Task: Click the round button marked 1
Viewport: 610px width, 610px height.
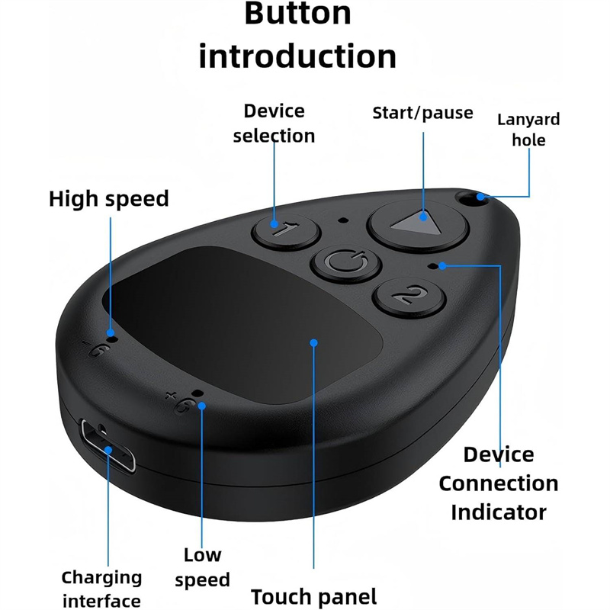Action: [x=286, y=231]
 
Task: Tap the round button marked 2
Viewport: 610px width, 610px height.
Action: [x=409, y=297]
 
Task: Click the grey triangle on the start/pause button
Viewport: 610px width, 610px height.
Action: [x=416, y=223]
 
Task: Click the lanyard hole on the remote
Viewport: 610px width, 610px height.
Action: [x=470, y=198]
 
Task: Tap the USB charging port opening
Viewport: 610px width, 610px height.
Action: [x=108, y=445]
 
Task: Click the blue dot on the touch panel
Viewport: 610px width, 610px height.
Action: [x=313, y=342]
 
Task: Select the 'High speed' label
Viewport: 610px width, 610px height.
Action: [x=109, y=199]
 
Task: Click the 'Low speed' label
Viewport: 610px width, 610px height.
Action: [x=202, y=567]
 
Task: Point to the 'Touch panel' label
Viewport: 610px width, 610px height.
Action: [x=314, y=596]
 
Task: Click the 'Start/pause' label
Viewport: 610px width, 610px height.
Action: [x=423, y=113]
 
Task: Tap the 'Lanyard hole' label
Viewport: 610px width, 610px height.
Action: [x=528, y=130]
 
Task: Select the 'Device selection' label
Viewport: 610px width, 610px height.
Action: [x=274, y=124]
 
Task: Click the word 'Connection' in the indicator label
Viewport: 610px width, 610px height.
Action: [x=499, y=483]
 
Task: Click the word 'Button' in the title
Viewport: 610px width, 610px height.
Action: [x=298, y=13]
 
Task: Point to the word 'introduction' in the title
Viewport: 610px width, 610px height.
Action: [x=297, y=56]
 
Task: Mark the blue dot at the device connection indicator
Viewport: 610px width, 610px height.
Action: [x=442, y=266]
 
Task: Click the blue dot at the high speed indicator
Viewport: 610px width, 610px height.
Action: [x=111, y=333]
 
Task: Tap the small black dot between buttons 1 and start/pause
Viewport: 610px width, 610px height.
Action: [x=342, y=220]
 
